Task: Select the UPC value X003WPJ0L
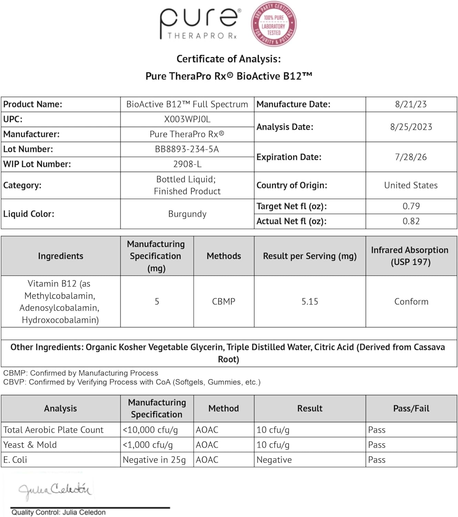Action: tap(187, 119)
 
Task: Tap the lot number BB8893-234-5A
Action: tap(187, 149)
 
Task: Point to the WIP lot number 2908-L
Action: tap(187, 164)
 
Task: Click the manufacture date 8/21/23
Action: tap(411, 104)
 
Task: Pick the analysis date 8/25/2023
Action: tap(411, 127)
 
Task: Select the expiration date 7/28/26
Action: tap(411, 157)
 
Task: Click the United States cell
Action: tap(411, 185)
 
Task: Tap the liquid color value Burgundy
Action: tap(187, 214)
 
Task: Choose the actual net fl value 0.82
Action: tap(411, 221)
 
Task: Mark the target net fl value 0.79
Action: tap(411, 206)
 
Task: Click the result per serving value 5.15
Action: tap(310, 302)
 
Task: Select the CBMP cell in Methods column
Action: tap(224, 302)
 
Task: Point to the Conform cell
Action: tap(411, 302)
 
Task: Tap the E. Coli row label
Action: tap(15, 460)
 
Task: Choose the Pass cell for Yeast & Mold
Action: tap(377, 445)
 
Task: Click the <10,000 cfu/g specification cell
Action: tap(150, 430)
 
